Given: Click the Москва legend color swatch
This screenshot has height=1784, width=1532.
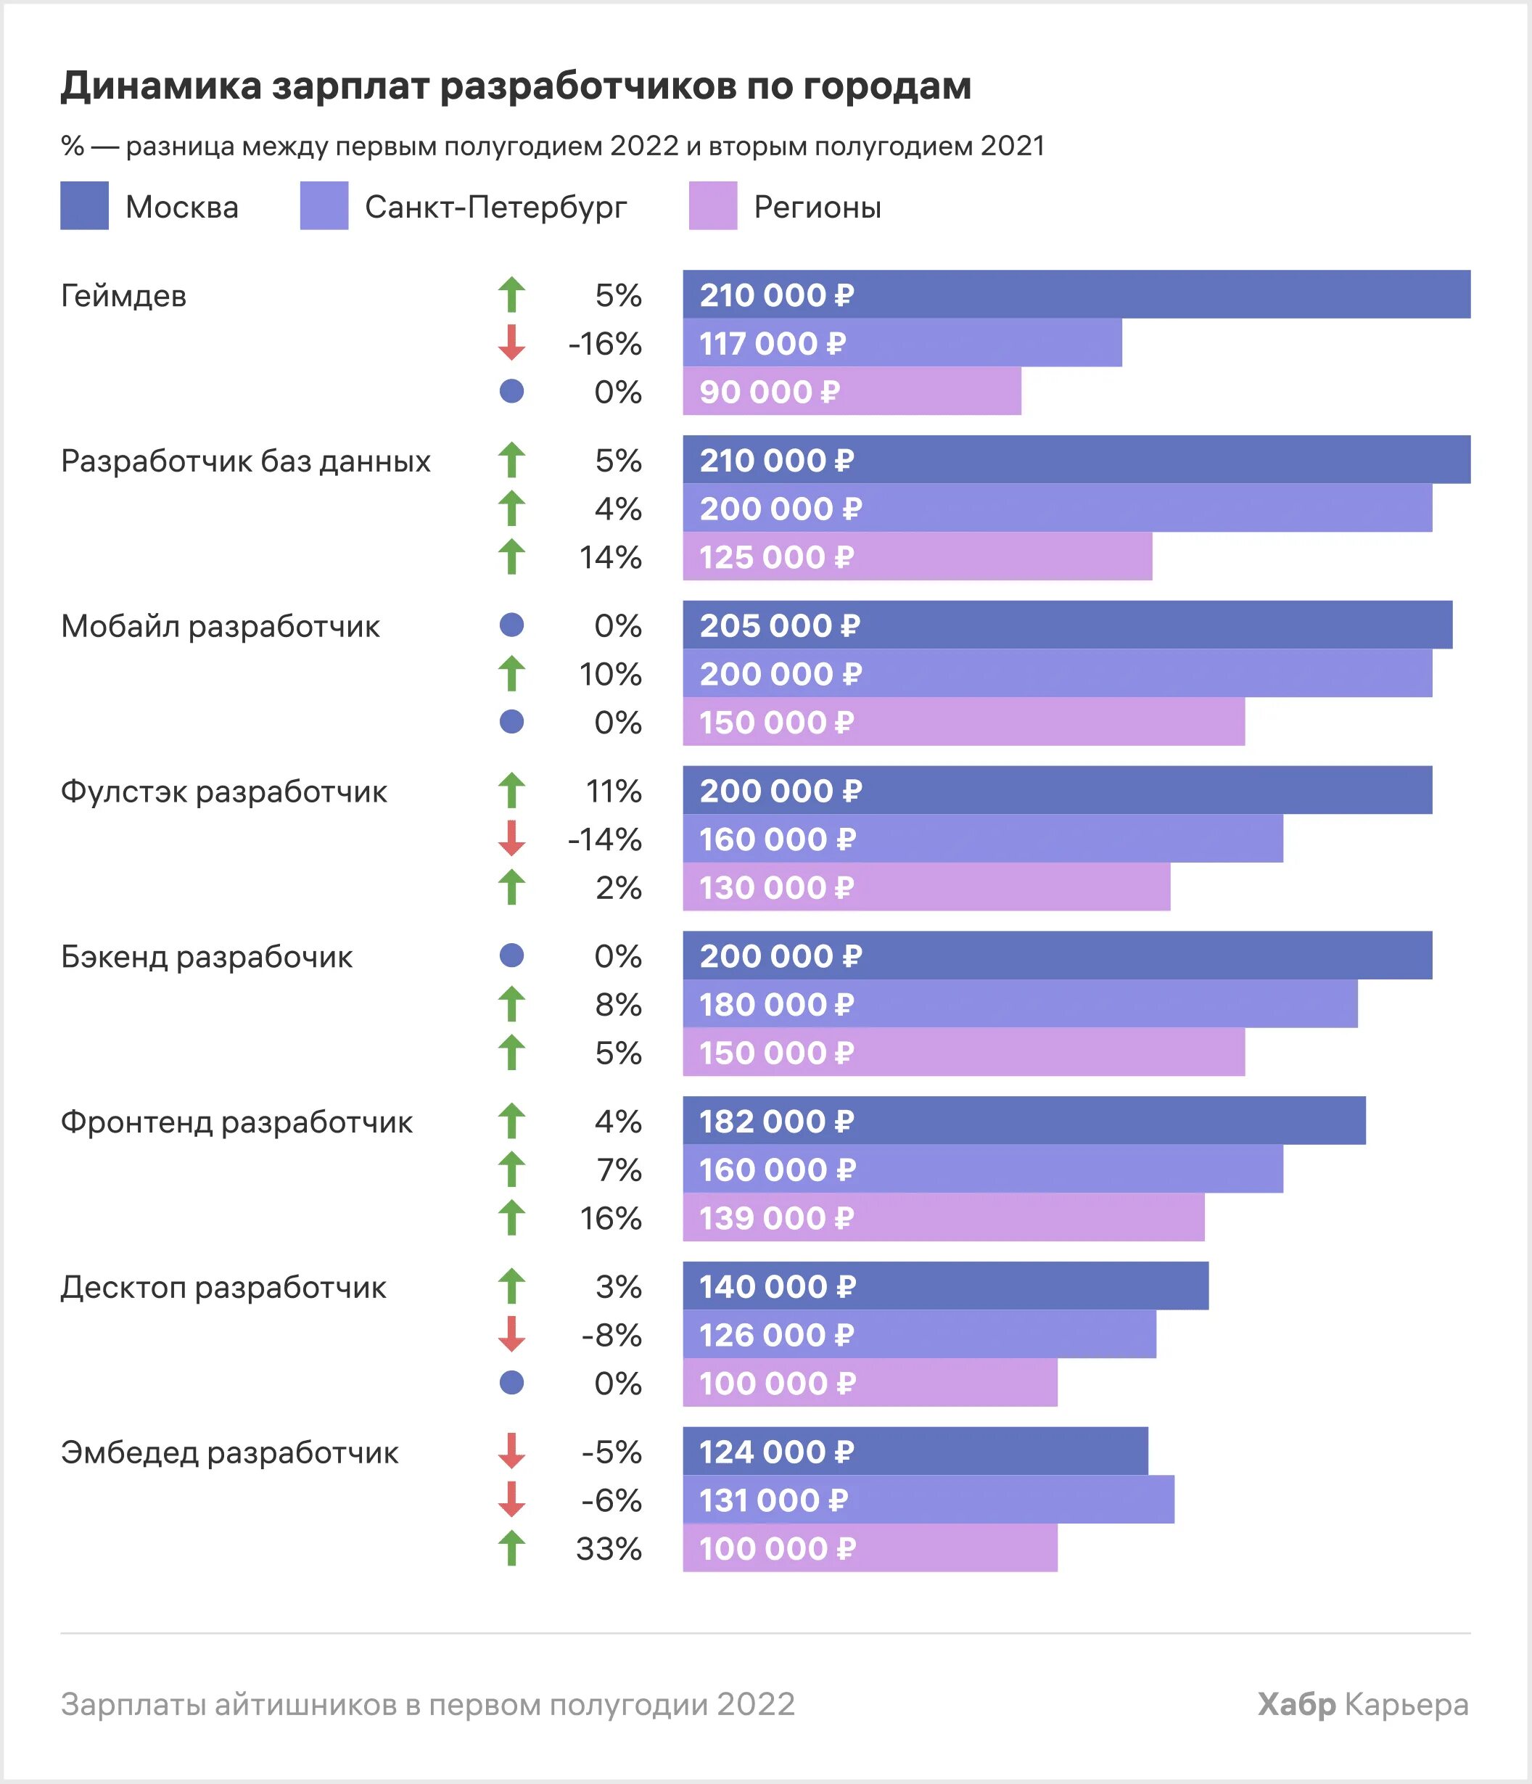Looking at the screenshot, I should pos(84,206).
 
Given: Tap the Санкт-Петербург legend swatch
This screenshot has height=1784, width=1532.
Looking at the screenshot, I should pos(324,206).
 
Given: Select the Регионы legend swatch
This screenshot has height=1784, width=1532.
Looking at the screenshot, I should pos(712,206).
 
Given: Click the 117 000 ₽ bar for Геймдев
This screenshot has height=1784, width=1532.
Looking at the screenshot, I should pos(902,342).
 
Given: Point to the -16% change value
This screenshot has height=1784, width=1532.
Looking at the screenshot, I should pos(604,344).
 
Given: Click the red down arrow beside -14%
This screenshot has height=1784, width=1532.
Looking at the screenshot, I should pos(512,838).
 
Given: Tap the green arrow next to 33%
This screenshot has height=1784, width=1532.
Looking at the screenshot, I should pos(512,1548).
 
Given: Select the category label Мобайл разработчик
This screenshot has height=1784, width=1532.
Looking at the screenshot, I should pos(220,626).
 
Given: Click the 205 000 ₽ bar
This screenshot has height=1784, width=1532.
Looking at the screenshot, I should pos(1067,625).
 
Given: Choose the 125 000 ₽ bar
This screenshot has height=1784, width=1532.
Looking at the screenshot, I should pos(918,556).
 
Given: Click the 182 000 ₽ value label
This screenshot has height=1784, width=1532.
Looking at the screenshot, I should pos(775,1121).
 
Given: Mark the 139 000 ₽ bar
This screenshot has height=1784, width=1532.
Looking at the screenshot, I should pos(943,1217).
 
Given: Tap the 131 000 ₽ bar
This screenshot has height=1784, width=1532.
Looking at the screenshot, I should pos(928,1500).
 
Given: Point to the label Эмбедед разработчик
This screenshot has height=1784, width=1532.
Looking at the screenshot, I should pos(229,1452).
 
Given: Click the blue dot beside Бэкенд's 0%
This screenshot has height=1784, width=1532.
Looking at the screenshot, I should pos(512,955).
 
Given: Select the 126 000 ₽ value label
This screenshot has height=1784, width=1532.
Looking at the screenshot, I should pos(775,1335).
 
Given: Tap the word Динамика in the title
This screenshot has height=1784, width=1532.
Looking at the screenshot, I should pos(160,86).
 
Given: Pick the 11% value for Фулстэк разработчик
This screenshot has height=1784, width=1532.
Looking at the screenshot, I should pos(613,790).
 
